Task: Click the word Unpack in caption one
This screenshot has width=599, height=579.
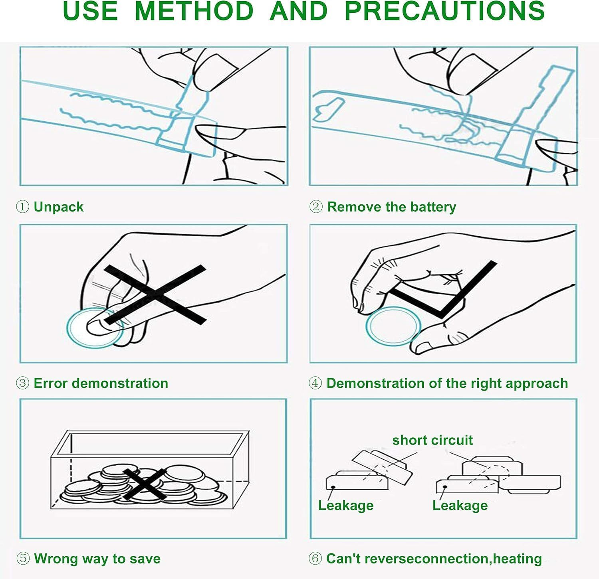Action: pyautogui.click(x=59, y=207)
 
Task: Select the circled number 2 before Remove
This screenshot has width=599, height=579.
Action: pyautogui.click(x=315, y=207)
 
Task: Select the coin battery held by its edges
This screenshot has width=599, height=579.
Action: pyautogui.click(x=393, y=326)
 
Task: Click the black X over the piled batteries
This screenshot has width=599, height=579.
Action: pyautogui.click(x=144, y=484)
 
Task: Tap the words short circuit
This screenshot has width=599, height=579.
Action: pyautogui.click(x=432, y=440)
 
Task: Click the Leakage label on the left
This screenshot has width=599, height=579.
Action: pyautogui.click(x=346, y=506)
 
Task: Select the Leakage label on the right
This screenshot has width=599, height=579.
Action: pyautogui.click(x=460, y=506)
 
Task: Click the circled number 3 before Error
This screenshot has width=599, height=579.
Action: pyautogui.click(x=22, y=383)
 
